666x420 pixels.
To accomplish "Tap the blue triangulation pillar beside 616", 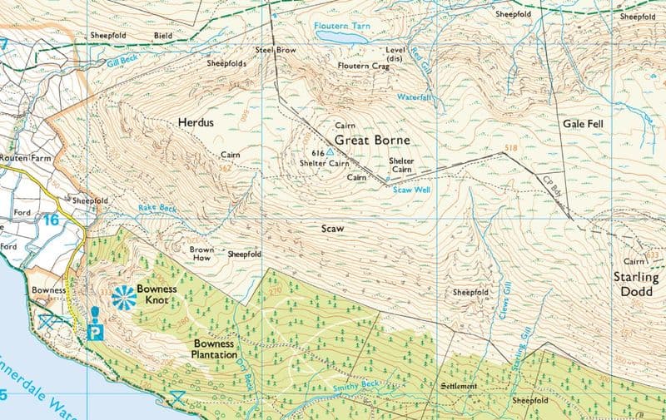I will pyautogui.click(x=331, y=153).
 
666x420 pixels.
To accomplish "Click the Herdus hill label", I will pyautogui.click(x=196, y=122).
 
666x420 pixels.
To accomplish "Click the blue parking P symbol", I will pyautogui.click(x=96, y=331).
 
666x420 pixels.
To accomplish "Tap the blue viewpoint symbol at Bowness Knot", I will pyautogui.click(x=123, y=295).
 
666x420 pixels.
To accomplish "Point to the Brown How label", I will pyautogui.click(x=202, y=254).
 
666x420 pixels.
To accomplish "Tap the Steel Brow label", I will pyautogui.click(x=276, y=51).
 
